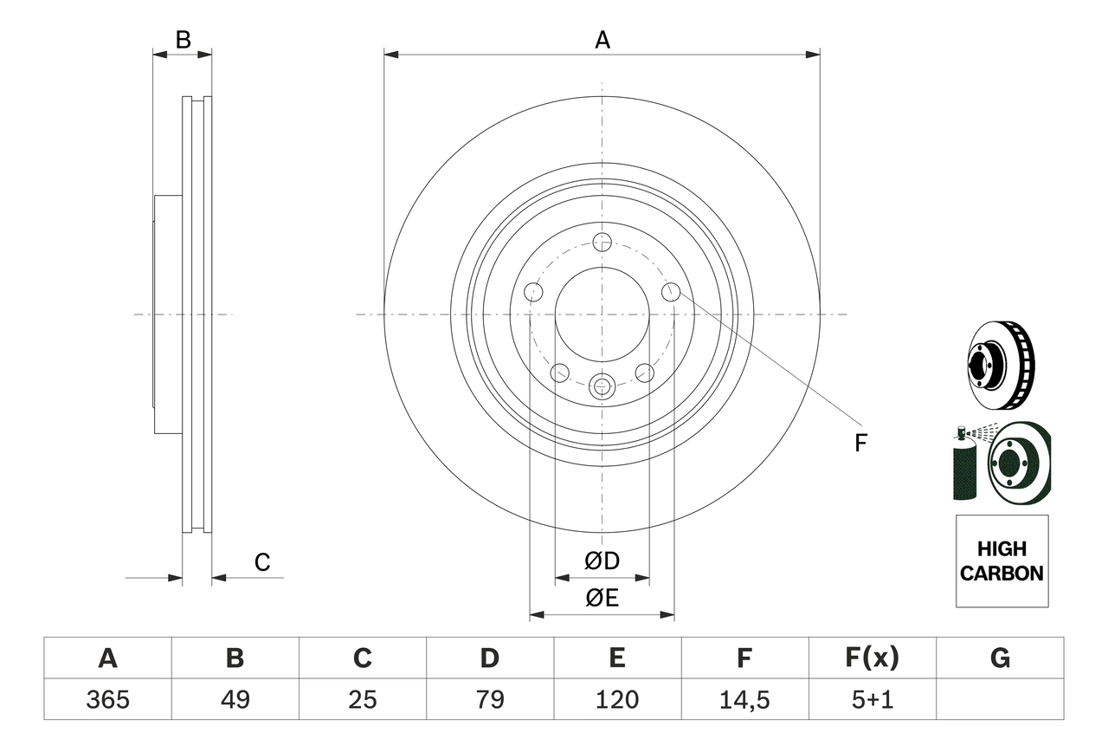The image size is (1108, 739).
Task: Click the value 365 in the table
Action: [107, 699]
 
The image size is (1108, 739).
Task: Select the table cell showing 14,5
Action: [744, 699]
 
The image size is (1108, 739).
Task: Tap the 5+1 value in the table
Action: [872, 699]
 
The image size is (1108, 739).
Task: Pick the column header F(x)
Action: [872, 658]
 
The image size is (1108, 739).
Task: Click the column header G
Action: [1000, 658]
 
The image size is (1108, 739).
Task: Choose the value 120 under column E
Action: [617, 699]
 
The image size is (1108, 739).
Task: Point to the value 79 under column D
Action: [490, 699]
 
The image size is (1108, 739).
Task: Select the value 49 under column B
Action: [235, 699]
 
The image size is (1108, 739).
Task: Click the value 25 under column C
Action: [362, 699]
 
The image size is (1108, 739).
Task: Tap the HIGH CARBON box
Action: [1002, 561]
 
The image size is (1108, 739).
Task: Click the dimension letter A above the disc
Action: [602, 39]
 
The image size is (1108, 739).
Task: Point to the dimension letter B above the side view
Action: [183, 39]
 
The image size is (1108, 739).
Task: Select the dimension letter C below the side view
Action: [262, 562]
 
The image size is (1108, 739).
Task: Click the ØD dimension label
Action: [602, 561]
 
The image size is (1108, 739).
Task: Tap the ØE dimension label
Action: [602, 599]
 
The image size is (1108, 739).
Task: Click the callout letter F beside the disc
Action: [860, 444]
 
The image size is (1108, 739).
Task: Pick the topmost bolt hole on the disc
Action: [602, 242]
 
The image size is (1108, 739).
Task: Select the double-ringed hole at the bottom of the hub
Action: [602, 386]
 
